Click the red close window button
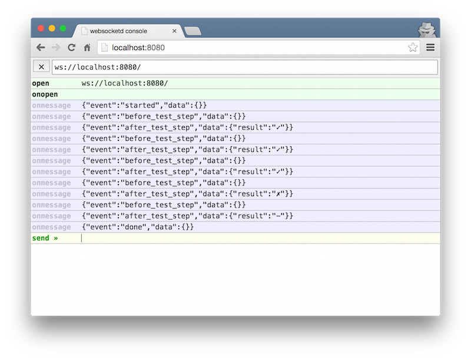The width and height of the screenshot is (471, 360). (x=41, y=28)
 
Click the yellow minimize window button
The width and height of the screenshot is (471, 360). (x=52, y=28)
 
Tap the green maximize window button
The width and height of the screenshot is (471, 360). (x=63, y=28)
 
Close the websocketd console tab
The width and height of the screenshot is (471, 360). (x=174, y=31)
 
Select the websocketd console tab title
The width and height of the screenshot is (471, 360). (x=118, y=31)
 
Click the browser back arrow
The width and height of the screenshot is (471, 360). (x=41, y=48)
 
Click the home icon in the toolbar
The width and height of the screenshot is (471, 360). (x=87, y=48)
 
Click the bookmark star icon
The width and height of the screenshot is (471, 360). (x=413, y=47)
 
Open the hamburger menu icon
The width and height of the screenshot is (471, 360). (x=430, y=47)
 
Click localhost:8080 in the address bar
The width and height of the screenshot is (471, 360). (x=138, y=48)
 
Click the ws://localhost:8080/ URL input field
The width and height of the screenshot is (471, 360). (x=245, y=67)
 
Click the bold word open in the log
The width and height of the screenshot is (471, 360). (x=41, y=83)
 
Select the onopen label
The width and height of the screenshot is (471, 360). (x=45, y=94)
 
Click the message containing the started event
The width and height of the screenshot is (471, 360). (x=144, y=105)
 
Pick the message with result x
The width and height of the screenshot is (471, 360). (x=187, y=194)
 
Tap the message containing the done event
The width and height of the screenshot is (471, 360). (x=138, y=227)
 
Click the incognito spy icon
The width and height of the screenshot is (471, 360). (x=427, y=30)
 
